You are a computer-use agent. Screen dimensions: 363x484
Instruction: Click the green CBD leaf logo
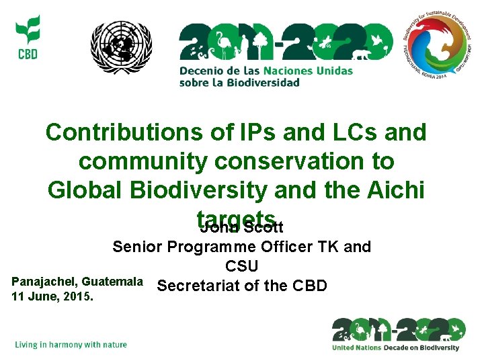click(x=28, y=37)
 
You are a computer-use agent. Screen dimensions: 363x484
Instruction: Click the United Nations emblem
click(x=122, y=47)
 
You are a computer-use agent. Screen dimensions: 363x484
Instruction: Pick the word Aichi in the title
click(x=395, y=190)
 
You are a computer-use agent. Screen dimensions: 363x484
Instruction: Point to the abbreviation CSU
click(x=241, y=267)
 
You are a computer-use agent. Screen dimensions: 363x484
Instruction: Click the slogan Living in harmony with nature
click(x=71, y=345)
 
